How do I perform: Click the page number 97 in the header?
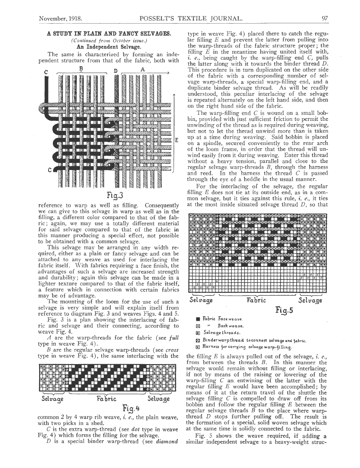(324, 18)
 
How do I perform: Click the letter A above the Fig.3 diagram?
(142, 68)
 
